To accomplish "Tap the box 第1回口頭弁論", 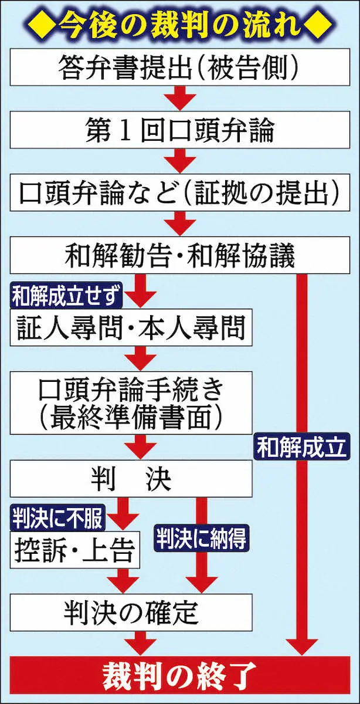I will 179,131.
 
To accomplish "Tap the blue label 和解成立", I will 301,449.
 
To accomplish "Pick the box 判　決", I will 131,479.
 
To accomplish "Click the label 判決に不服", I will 57,517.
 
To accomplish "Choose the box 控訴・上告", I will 75,551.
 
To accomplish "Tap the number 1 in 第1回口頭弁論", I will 124,132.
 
